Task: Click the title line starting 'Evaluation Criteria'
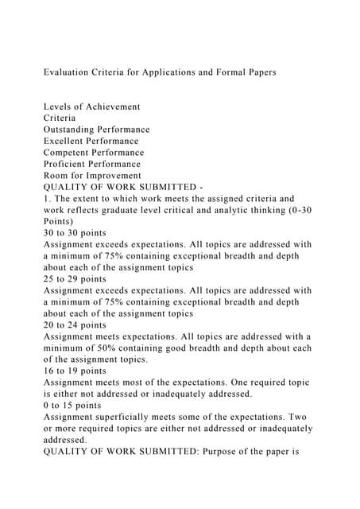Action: coord(160,72)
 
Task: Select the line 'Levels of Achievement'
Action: coord(91,106)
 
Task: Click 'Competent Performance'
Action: coord(94,152)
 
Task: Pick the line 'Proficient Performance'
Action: coord(93,164)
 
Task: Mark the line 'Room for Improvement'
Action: coord(92,175)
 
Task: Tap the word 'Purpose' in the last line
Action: coord(224,463)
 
